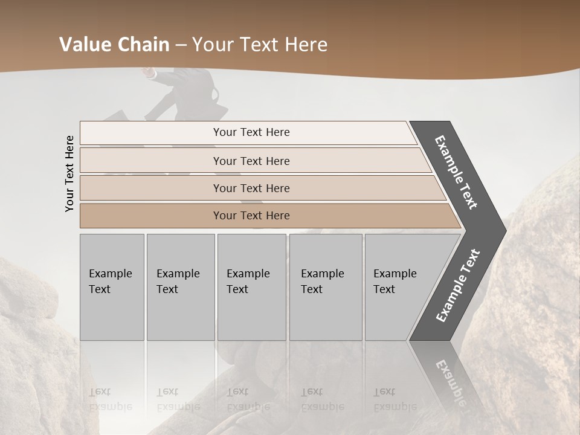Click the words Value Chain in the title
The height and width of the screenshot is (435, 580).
(x=115, y=45)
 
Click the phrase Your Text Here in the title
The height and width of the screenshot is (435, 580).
(x=260, y=45)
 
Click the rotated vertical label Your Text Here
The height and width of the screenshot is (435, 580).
(x=70, y=173)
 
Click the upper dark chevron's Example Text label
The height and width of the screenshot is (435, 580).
(x=456, y=172)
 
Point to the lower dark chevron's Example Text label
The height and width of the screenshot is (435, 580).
(x=457, y=285)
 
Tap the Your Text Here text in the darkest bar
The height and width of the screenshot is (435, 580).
(x=251, y=216)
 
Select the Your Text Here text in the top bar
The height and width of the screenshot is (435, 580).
(x=251, y=132)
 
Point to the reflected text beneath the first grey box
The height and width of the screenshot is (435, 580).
(x=110, y=399)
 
